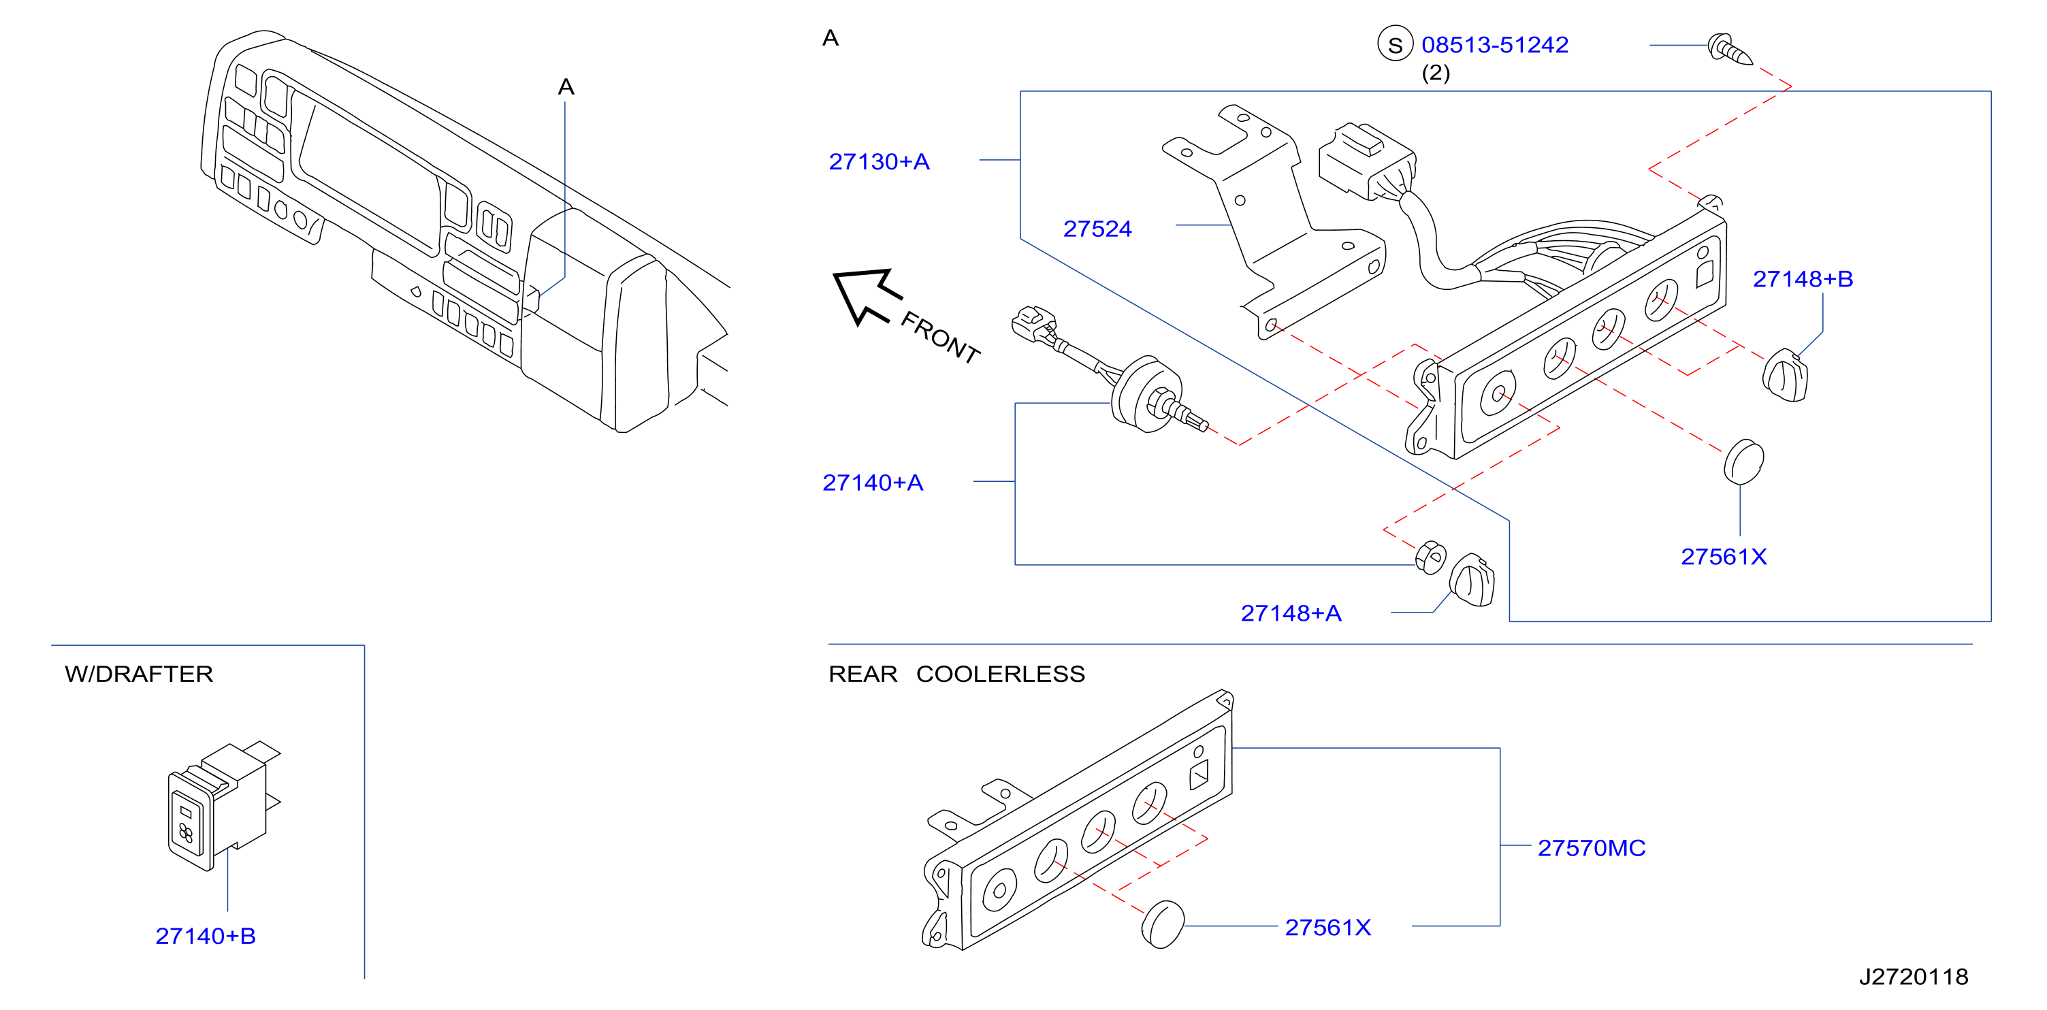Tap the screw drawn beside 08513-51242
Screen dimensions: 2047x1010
click(1729, 49)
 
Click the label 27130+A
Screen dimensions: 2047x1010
click(879, 161)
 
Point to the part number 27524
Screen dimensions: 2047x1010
click(1097, 229)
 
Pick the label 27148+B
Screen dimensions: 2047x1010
click(1802, 279)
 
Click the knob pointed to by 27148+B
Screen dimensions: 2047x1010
click(1785, 374)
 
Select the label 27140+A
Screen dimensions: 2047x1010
click(873, 483)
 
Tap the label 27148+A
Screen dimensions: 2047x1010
click(1291, 613)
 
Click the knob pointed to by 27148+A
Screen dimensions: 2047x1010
click(1472, 580)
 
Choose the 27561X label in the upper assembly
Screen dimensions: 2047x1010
click(1724, 556)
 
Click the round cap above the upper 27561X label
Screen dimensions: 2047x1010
click(1743, 461)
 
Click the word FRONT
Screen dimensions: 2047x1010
click(940, 338)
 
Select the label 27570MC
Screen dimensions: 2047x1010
click(1591, 848)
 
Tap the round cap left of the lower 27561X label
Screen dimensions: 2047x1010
click(1163, 924)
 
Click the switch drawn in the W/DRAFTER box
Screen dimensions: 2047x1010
click(223, 807)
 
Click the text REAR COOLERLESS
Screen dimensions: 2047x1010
click(956, 674)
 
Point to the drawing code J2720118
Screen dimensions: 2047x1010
click(1914, 977)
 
